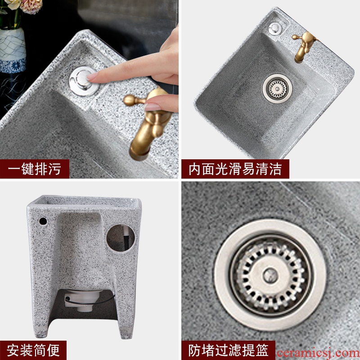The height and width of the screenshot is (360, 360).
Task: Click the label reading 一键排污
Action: [35, 169]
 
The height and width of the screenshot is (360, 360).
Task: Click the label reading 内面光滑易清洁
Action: [235, 169]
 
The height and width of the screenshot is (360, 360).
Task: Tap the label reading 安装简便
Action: [33, 350]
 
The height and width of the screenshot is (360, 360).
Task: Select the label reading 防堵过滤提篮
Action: [228, 350]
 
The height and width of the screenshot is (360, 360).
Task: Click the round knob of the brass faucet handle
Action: [129, 100]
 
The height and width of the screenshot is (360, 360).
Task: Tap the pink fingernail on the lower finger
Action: [152, 107]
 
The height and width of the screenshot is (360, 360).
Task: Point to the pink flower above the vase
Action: [31, 6]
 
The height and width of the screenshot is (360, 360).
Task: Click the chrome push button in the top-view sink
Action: [275, 28]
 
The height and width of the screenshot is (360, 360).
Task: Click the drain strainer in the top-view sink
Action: [277, 89]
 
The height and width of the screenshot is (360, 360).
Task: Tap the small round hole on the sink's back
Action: [43, 221]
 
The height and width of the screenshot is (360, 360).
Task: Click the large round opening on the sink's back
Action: [121, 238]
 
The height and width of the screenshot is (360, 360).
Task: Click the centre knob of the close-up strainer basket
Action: [270, 275]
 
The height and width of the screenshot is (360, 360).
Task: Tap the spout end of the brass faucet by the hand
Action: [139, 154]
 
